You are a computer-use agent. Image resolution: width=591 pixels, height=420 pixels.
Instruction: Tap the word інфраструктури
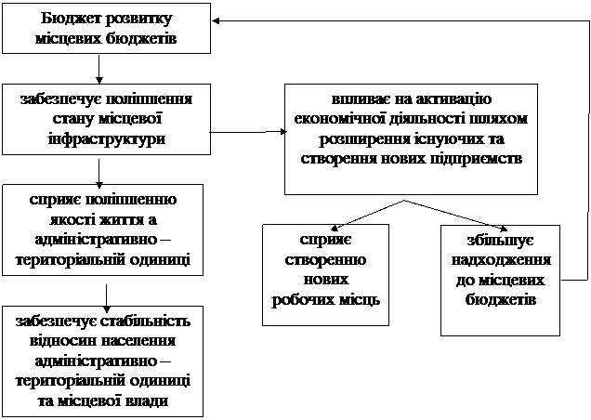pyautogui.click(x=107, y=139)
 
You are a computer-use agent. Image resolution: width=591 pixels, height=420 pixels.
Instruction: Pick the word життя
pyautogui.click(x=122, y=220)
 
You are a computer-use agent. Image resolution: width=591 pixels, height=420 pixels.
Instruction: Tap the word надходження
pyautogui.click(x=501, y=260)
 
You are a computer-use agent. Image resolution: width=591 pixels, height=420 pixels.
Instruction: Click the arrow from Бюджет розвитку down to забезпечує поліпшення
pyautogui.click(x=99, y=69)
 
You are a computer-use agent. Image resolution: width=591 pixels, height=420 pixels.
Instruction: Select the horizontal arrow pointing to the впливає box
pyautogui.click(x=248, y=132)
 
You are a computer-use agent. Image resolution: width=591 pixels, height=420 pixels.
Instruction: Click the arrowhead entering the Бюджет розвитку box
pyautogui.click(x=216, y=21)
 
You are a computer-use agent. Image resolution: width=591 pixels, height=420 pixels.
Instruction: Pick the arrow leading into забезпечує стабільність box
pyautogui.click(x=107, y=298)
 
